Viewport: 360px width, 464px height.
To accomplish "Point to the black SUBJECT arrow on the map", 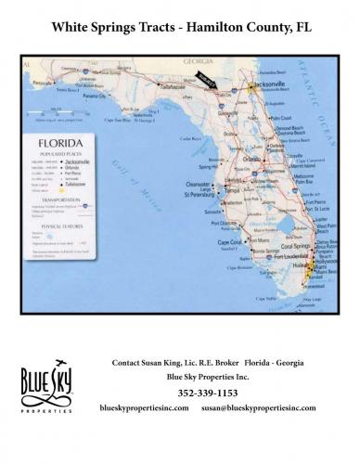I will tap(205, 82).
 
